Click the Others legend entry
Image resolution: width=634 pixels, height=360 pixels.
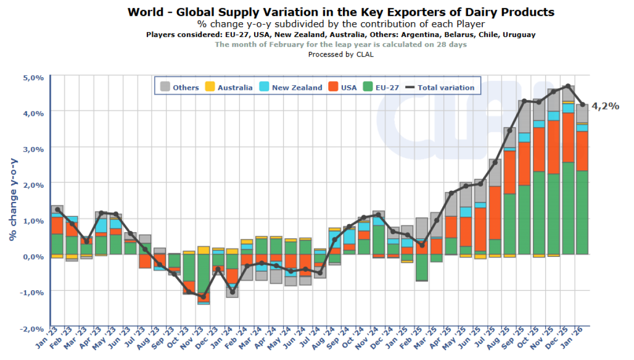[x=179, y=87]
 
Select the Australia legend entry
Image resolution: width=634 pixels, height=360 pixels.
[x=228, y=87]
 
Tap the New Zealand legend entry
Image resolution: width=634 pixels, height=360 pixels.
[x=290, y=87]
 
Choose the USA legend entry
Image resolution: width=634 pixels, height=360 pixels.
[x=342, y=87]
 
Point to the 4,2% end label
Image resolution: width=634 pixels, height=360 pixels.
[x=605, y=106]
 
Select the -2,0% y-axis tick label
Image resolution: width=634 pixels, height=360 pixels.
[x=32, y=328]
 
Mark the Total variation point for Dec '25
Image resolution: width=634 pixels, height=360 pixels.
[x=568, y=86]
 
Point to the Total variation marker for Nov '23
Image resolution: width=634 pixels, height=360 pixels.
[x=203, y=297]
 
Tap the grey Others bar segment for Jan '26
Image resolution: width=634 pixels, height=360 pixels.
[x=582, y=113]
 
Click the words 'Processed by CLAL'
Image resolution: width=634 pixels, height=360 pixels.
[x=341, y=54]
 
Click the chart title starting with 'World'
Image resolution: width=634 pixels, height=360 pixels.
[x=341, y=12]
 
